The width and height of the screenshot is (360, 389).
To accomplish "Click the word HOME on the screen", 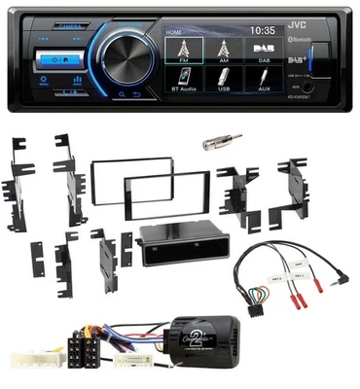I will click(x=176, y=31).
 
